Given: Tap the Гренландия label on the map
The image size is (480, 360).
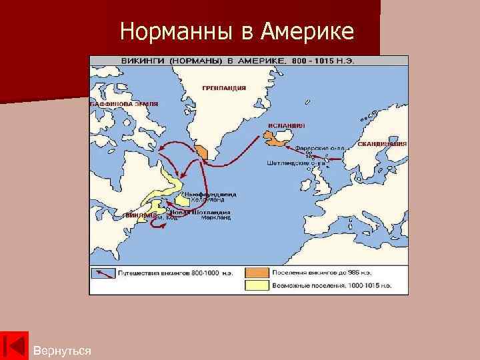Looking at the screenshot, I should pos(224,87).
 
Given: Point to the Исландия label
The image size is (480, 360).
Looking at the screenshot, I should pos(287,125).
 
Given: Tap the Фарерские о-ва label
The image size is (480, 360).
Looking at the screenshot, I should pos(321,148).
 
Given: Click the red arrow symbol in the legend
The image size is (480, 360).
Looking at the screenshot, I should pos(103,272).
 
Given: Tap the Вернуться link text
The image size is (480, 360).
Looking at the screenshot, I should pos(62,350).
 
